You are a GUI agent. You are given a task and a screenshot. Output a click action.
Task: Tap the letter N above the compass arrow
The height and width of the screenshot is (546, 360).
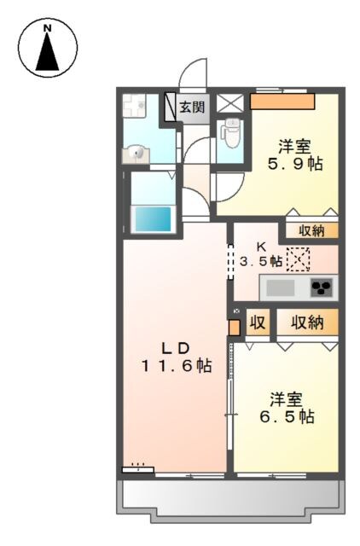point(49,28)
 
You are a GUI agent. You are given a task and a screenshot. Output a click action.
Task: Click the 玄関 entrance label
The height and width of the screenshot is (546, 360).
point(192,107)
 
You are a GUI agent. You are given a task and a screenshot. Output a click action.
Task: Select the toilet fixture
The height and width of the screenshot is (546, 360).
point(230,132)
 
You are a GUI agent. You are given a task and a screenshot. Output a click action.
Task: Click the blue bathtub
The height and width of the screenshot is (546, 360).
point(153,218)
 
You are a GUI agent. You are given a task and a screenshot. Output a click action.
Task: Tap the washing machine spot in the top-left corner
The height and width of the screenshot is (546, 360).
point(134,107)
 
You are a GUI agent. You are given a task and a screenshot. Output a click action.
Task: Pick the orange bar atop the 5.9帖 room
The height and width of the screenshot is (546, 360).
point(282,102)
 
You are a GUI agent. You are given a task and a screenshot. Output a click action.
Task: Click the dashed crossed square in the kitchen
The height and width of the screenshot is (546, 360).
point(299,258)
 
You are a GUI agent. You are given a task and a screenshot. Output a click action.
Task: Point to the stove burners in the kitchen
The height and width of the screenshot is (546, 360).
point(322,287)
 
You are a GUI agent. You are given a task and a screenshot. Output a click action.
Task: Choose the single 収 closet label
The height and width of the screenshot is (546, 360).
point(256,323)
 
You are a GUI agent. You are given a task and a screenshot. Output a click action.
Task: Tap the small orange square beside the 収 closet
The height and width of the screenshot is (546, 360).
point(235,325)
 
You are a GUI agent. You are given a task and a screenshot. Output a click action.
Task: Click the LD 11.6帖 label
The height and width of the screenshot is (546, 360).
point(177,357)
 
